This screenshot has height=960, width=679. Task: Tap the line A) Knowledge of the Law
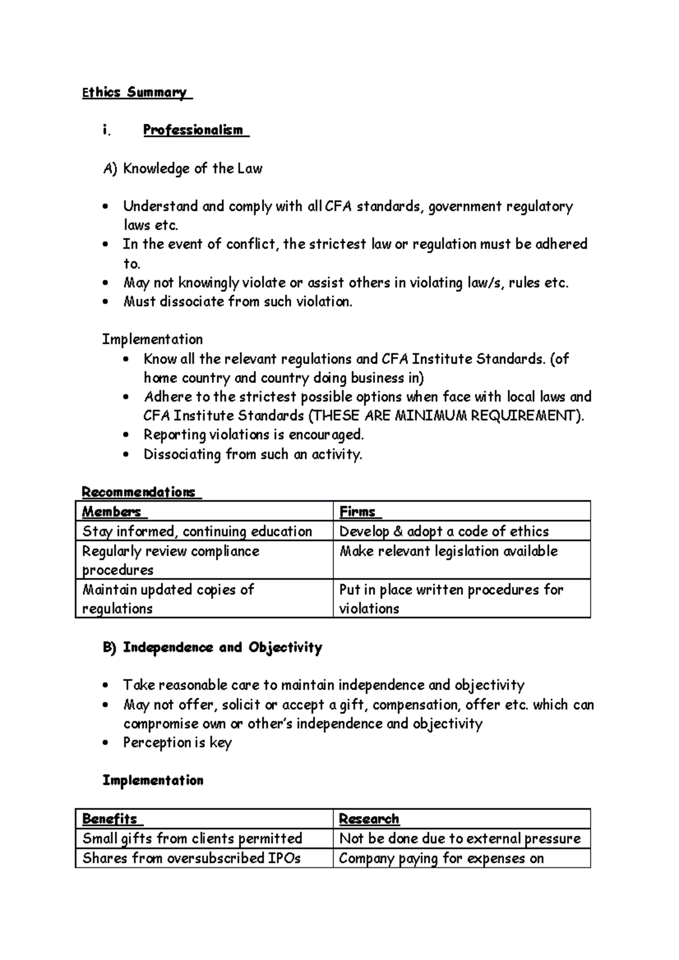(182, 168)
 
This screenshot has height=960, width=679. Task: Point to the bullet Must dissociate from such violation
(238, 302)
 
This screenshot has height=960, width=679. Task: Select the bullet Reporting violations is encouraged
(253, 435)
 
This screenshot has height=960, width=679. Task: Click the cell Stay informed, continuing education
(197, 531)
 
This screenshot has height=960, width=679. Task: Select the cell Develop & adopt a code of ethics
(444, 531)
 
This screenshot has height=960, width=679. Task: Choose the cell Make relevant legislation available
(448, 551)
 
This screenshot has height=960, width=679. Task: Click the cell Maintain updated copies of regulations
(168, 599)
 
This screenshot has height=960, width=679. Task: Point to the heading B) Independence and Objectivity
(212, 647)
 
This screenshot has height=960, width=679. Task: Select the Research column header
(369, 819)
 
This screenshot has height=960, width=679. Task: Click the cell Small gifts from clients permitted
(192, 838)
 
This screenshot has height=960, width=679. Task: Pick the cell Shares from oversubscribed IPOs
(191, 858)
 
